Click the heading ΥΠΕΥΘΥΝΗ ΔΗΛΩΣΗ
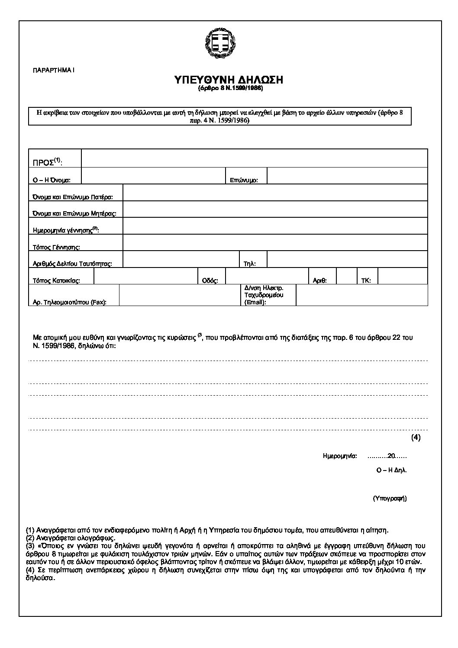(x=228, y=80)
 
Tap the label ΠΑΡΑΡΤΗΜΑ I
(x=54, y=70)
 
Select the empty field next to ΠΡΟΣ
(x=254, y=158)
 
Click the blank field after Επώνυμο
(x=347, y=176)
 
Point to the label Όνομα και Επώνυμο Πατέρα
(x=73, y=197)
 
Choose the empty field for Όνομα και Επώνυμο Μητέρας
(x=275, y=209)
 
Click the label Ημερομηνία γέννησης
(x=66, y=230)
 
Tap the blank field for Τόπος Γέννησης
(x=275, y=242)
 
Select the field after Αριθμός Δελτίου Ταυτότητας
(x=181, y=259)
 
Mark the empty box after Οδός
(x=266, y=276)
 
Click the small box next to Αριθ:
(x=346, y=276)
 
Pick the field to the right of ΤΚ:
(x=402, y=276)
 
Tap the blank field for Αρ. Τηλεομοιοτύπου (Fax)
(x=179, y=295)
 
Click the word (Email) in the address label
(x=255, y=302)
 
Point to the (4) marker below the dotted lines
(x=416, y=437)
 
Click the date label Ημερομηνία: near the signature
(x=340, y=456)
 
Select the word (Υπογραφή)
(x=390, y=498)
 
